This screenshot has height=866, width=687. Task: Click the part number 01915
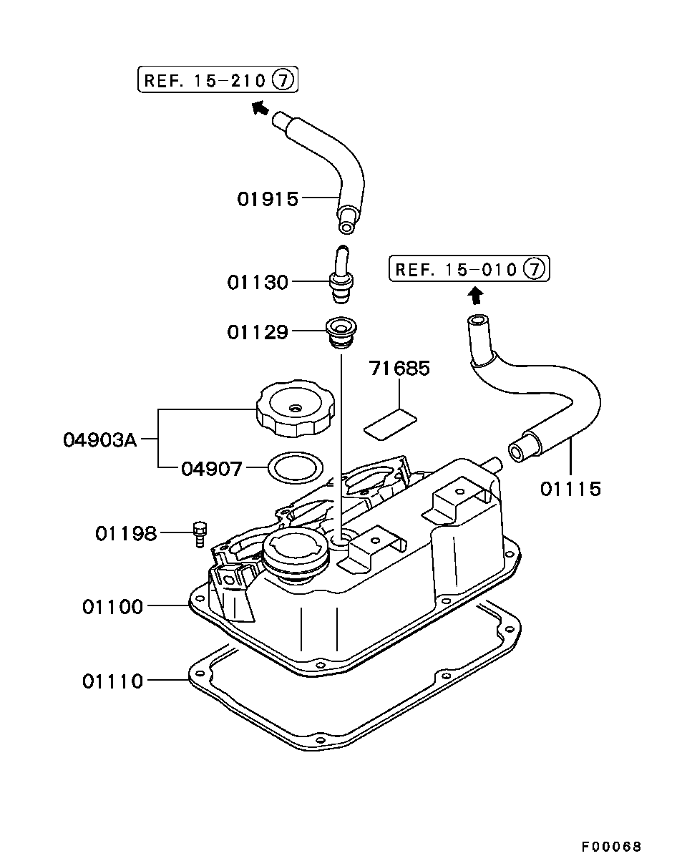pos(268,199)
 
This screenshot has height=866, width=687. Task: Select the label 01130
pos(258,282)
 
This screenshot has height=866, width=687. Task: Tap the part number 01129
pos(258,332)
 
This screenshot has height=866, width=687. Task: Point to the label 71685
pos(399,368)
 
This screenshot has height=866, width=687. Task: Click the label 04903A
pos(100,440)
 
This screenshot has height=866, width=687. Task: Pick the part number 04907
pos(211,469)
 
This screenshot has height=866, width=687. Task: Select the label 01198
pos(126,534)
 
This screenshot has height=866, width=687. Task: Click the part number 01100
pos(112,607)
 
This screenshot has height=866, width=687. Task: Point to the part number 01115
pos(570,489)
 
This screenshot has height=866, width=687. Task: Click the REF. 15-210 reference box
pos(218,79)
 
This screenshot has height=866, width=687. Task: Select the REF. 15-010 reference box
pos(469,268)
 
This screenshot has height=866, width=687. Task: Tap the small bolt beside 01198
pos(200,534)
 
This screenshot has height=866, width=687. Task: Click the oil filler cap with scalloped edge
pos(295,408)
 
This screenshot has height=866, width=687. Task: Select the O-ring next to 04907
pos(296,468)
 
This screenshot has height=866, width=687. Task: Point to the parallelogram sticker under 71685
pos(391,424)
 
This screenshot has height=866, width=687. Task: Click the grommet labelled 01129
pos(341,334)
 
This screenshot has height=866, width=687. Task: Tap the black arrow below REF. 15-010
pos(477,296)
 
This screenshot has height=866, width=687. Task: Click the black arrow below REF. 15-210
pos(260,108)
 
